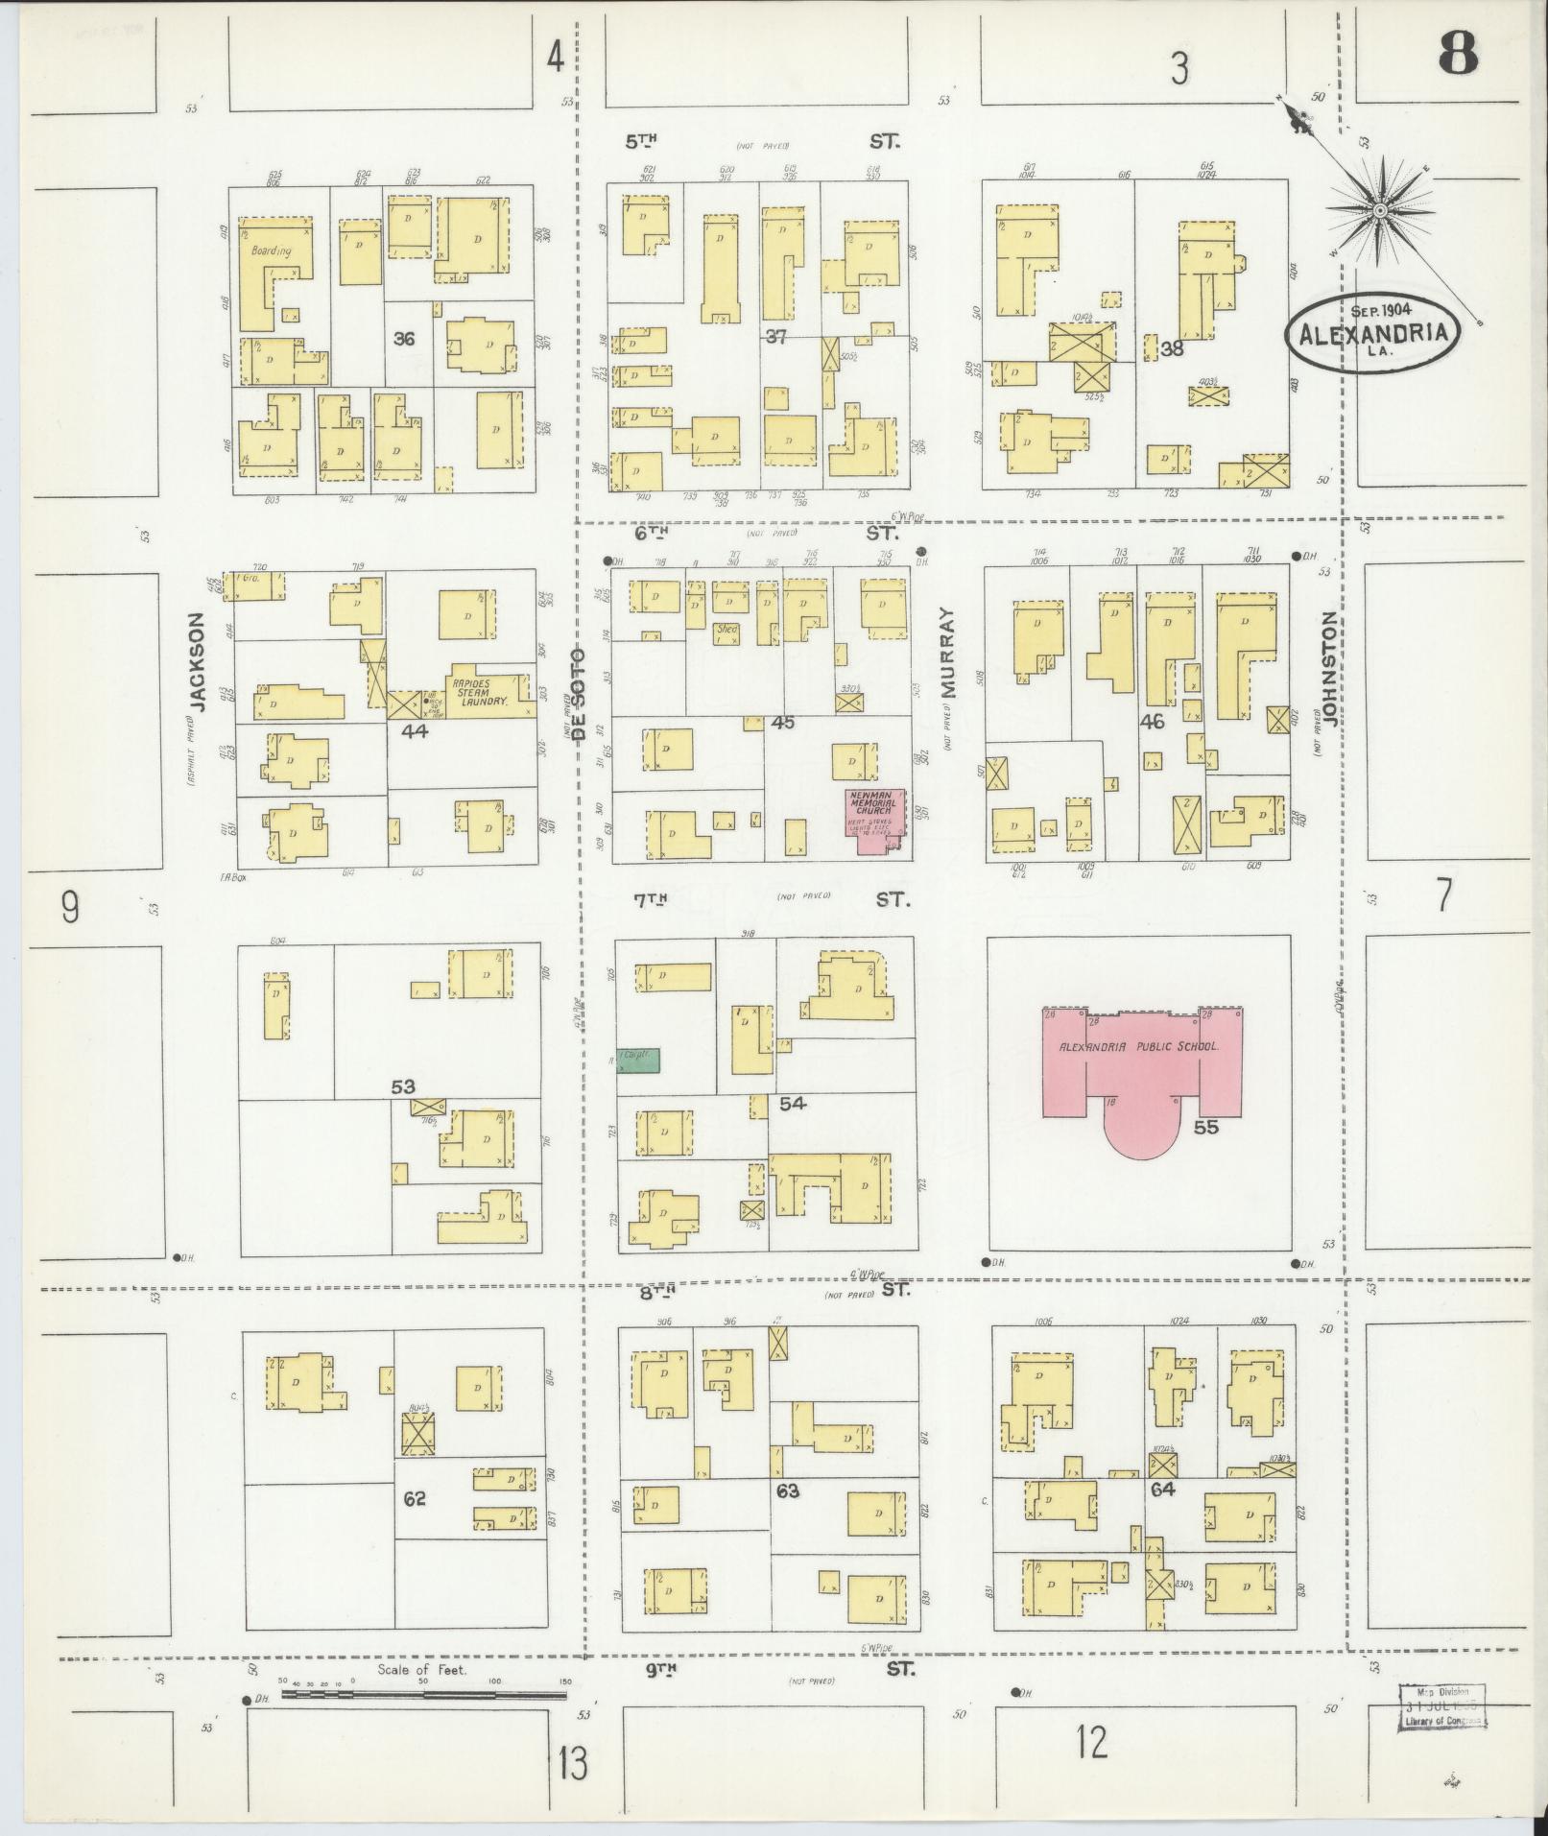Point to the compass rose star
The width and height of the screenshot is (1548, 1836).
[1379, 210]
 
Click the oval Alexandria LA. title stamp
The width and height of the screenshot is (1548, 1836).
[1373, 329]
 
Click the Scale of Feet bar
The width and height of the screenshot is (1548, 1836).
[423, 1024]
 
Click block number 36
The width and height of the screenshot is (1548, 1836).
[404, 339]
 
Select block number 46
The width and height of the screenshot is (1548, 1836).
[1152, 721]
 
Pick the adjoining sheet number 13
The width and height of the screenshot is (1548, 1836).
[573, 1764]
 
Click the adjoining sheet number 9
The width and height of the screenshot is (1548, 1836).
[69, 907]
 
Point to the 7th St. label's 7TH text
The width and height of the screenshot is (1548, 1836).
[650, 899]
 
